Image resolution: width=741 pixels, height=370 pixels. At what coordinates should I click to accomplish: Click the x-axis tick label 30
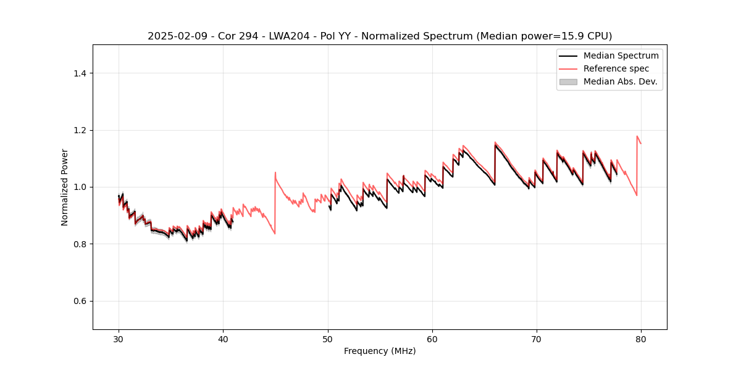click(119, 339)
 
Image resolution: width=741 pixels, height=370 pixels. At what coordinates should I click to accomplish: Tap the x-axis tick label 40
click(223, 339)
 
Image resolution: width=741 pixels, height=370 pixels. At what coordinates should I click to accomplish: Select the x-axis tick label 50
click(328, 339)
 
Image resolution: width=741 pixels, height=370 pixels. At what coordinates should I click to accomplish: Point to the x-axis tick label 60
click(432, 339)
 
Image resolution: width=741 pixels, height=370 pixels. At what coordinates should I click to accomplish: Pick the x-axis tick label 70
click(537, 339)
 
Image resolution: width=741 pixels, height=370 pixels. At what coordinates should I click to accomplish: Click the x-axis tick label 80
click(641, 339)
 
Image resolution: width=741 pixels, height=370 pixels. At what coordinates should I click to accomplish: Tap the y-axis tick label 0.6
click(80, 301)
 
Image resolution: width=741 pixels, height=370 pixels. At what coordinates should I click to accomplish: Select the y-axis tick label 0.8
click(80, 244)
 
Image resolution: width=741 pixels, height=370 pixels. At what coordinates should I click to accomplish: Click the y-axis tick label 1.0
click(80, 187)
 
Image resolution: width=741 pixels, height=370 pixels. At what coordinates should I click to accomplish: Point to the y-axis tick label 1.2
click(80, 130)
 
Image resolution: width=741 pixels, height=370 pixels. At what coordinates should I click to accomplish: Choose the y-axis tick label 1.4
click(80, 73)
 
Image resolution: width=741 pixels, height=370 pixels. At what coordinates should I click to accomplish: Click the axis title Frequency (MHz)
click(380, 351)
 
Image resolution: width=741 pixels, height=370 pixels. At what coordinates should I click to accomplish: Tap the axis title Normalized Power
click(65, 187)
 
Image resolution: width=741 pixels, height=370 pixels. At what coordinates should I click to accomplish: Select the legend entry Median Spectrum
click(621, 55)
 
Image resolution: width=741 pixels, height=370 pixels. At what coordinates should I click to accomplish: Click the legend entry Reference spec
click(616, 68)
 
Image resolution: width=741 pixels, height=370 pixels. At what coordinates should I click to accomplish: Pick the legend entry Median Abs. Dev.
click(620, 81)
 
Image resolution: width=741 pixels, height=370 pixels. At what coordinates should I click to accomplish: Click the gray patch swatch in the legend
click(568, 81)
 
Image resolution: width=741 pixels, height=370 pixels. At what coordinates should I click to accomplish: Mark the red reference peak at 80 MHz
click(637, 136)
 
